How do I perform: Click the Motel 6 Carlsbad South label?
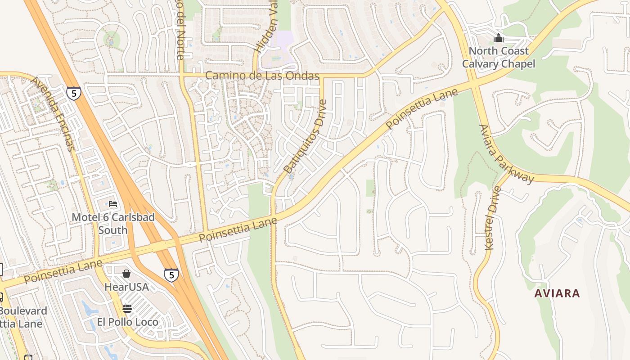click(113, 224)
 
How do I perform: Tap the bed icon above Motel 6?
click(113, 204)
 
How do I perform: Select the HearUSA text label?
click(126, 287)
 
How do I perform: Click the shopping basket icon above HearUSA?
click(126, 274)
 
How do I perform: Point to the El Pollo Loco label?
click(128, 322)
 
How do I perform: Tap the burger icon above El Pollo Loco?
click(127, 309)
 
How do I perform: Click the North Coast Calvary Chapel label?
click(499, 57)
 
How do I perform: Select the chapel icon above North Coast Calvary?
click(499, 38)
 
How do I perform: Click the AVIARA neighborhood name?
click(557, 293)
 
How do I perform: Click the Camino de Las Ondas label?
click(262, 76)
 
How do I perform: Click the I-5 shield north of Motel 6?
click(73, 93)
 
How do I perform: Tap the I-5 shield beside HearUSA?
click(171, 275)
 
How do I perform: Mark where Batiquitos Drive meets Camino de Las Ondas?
click(322, 76)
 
